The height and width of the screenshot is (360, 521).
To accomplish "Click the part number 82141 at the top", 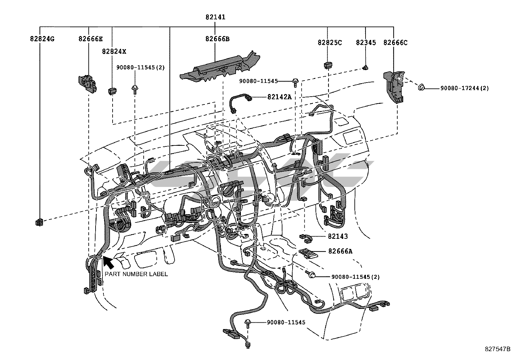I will pos(215,17).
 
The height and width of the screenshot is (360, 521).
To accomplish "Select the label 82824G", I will pos(42,39).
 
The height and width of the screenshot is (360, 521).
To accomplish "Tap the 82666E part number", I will pos(90,39).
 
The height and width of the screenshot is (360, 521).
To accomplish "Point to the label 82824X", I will pos(114,51).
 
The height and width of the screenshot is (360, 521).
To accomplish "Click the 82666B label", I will pos(217,39).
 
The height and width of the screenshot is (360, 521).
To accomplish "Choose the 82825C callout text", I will pos(330,43).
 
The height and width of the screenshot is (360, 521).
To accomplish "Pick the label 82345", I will pos(366,43).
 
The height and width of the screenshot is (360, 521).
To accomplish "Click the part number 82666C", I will pos(395,43).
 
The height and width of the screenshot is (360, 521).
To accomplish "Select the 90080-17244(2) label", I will pos(464,88).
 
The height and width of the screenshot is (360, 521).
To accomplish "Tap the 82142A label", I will pos(279,97).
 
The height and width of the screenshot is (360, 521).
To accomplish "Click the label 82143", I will pos(338,236).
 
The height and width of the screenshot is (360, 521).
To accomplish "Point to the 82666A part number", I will pos(340,251).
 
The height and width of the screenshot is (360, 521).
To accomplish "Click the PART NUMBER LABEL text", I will pos(136,274).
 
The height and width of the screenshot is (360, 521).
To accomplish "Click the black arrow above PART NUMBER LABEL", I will pos(108,262).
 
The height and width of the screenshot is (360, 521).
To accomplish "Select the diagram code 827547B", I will pos(497,349).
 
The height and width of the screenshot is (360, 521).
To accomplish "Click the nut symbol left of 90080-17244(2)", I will pos(421,87).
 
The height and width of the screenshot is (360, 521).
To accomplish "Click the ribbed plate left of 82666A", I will pos(309,253).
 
